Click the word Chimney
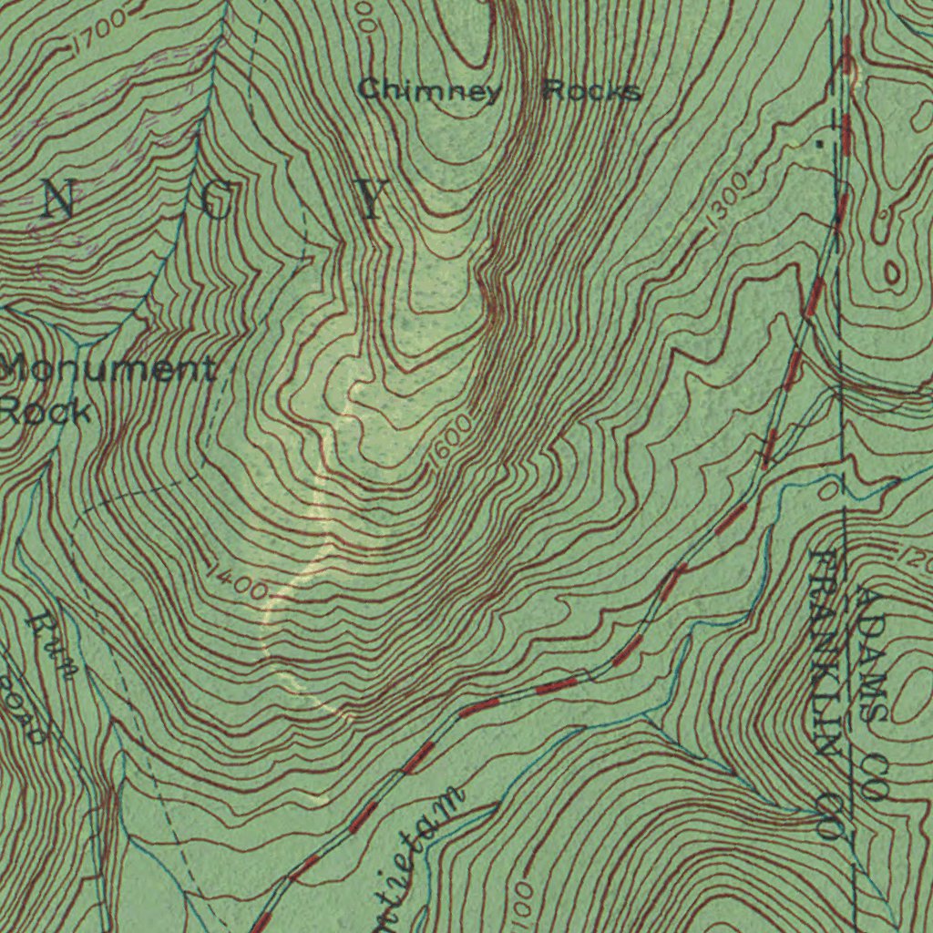[429, 90]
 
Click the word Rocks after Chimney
[592, 90]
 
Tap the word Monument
[108, 370]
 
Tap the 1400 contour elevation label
[235, 583]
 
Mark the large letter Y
[371, 200]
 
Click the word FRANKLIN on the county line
[824, 651]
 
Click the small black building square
[818, 144]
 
